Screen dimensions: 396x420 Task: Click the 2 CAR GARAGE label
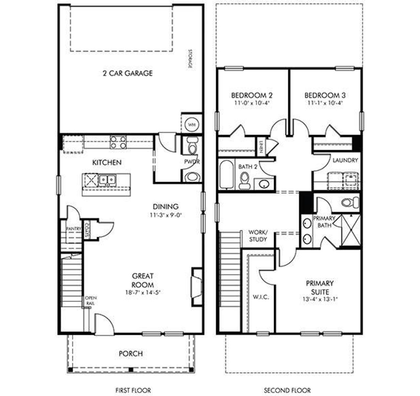point(128,73)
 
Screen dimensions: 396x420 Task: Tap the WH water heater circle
point(191,124)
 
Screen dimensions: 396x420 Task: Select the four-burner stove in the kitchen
point(118,142)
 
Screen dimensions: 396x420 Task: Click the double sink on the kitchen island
point(108,180)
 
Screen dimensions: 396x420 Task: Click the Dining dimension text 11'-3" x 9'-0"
point(166,215)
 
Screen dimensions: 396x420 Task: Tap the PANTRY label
point(73,229)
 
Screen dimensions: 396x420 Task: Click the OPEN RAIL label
point(91,301)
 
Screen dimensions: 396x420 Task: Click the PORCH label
point(131,354)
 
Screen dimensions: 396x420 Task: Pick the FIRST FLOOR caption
point(133,390)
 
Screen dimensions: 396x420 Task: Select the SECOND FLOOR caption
point(287,390)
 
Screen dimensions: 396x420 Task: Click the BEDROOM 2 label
point(252,95)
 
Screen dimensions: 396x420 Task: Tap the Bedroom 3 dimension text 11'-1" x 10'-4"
point(325,103)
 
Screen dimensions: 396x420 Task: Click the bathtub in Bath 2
point(226,174)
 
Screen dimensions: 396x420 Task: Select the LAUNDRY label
point(345,160)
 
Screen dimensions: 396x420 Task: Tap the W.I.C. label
point(261,297)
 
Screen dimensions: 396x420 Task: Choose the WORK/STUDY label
point(258,236)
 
